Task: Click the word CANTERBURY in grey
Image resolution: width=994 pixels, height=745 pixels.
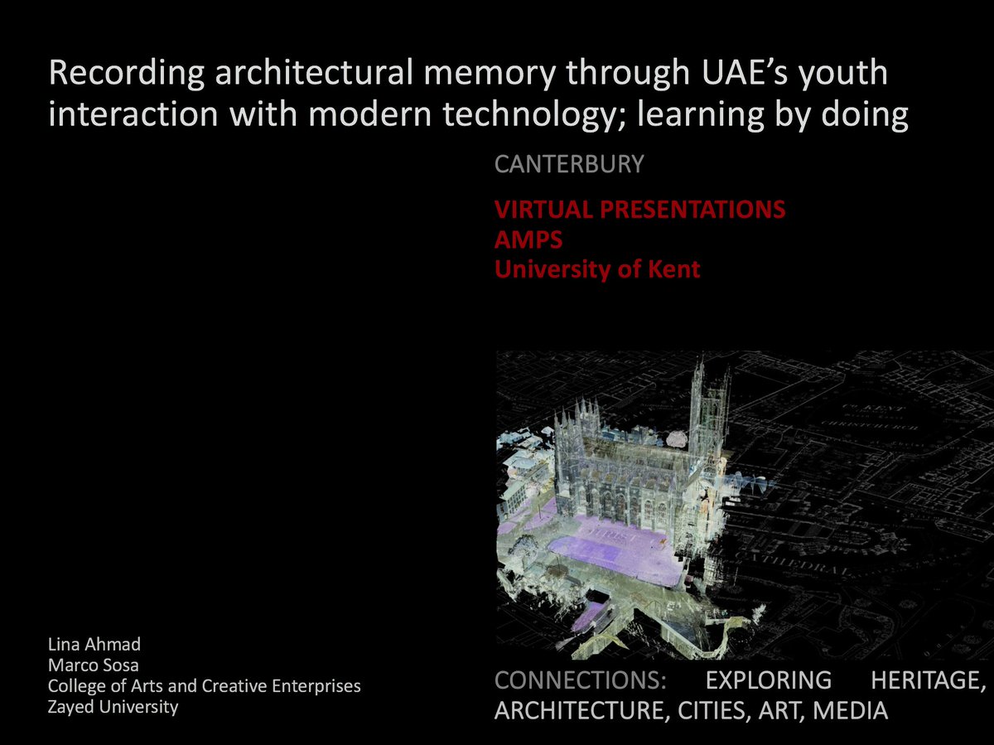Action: click(x=568, y=164)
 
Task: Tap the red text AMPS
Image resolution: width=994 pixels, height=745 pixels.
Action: click(x=528, y=239)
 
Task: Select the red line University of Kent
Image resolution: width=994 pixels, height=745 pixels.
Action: click(x=597, y=269)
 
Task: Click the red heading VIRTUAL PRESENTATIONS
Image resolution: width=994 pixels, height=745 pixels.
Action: click(x=639, y=210)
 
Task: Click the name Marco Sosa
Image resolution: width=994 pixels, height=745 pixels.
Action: click(x=92, y=665)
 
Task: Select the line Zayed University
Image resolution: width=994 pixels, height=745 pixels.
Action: click(x=113, y=707)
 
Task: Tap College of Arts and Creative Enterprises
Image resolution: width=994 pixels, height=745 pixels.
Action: click(x=204, y=686)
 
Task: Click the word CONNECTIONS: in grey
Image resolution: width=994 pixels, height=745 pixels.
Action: click(x=581, y=681)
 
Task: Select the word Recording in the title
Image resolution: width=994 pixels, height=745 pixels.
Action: click(x=127, y=74)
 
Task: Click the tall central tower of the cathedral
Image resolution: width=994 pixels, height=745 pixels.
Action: click(x=709, y=406)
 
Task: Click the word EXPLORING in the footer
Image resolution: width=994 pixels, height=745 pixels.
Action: click(x=768, y=681)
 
